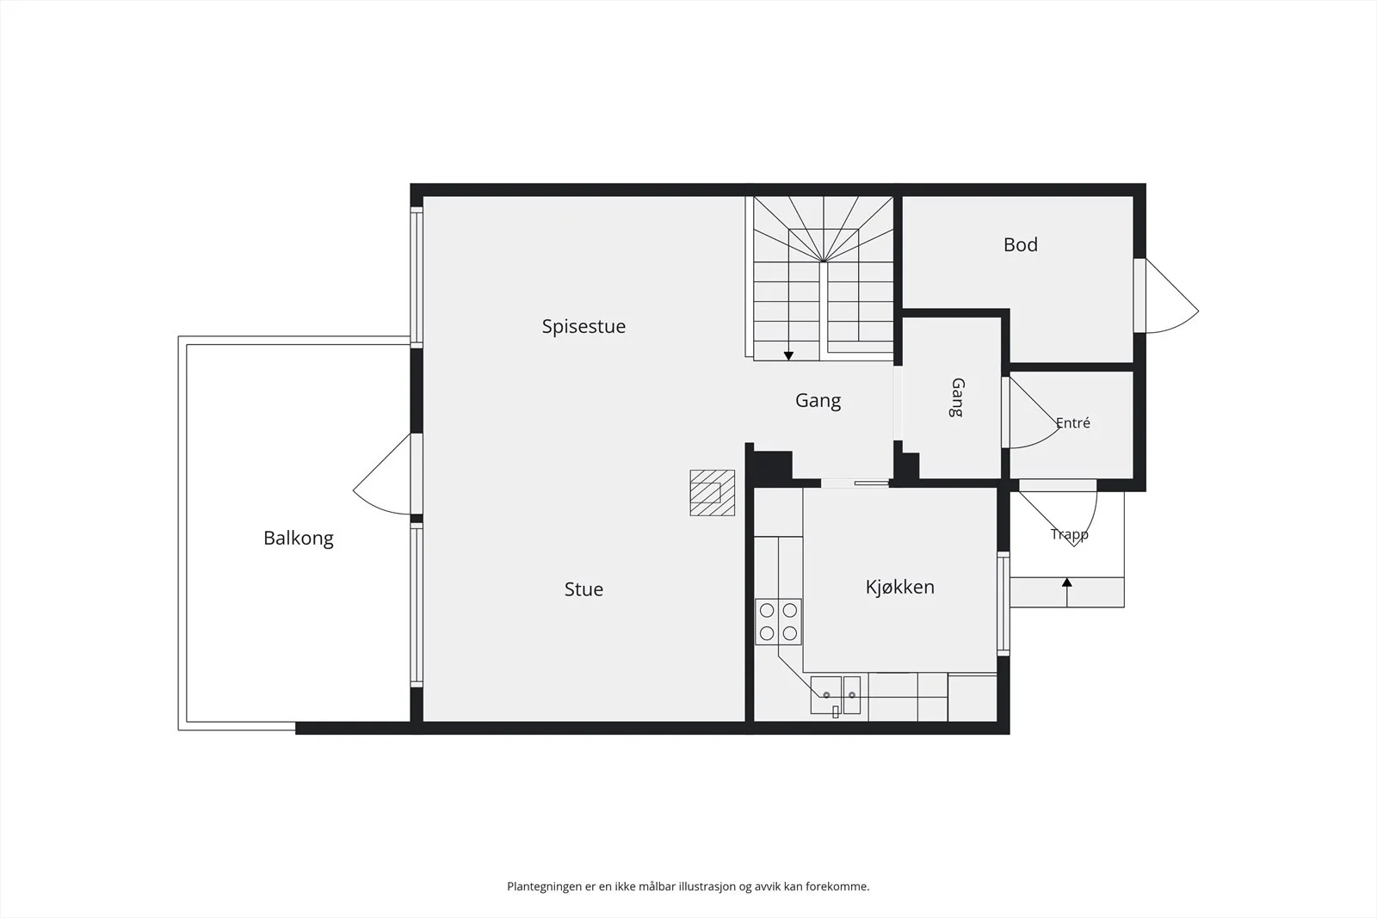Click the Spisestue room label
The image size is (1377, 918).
[x=584, y=326]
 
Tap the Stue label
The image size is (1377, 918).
[x=584, y=589]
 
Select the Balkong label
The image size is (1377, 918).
[x=298, y=539]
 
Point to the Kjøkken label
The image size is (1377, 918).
[x=900, y=587]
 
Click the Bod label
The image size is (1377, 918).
[x=1021, y=244]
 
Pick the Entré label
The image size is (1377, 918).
[x=1072, y=422]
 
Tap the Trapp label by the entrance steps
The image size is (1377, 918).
[x=1069, y=534]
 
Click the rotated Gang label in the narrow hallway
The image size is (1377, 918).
[x=957, y=397]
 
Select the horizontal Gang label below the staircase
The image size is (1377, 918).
[x=818, y=401]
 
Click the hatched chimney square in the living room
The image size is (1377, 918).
[x=713, y=493]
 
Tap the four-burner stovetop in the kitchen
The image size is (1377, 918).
[x=778, y=621]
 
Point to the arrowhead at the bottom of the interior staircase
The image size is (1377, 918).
[x=788, y=356]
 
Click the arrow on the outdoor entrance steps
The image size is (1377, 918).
[x=1067, y=592]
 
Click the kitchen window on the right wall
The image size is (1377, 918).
[x=1003, y=603]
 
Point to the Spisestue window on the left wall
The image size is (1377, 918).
[x=417, y=277]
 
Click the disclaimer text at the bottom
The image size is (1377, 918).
[x=688, y=886]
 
